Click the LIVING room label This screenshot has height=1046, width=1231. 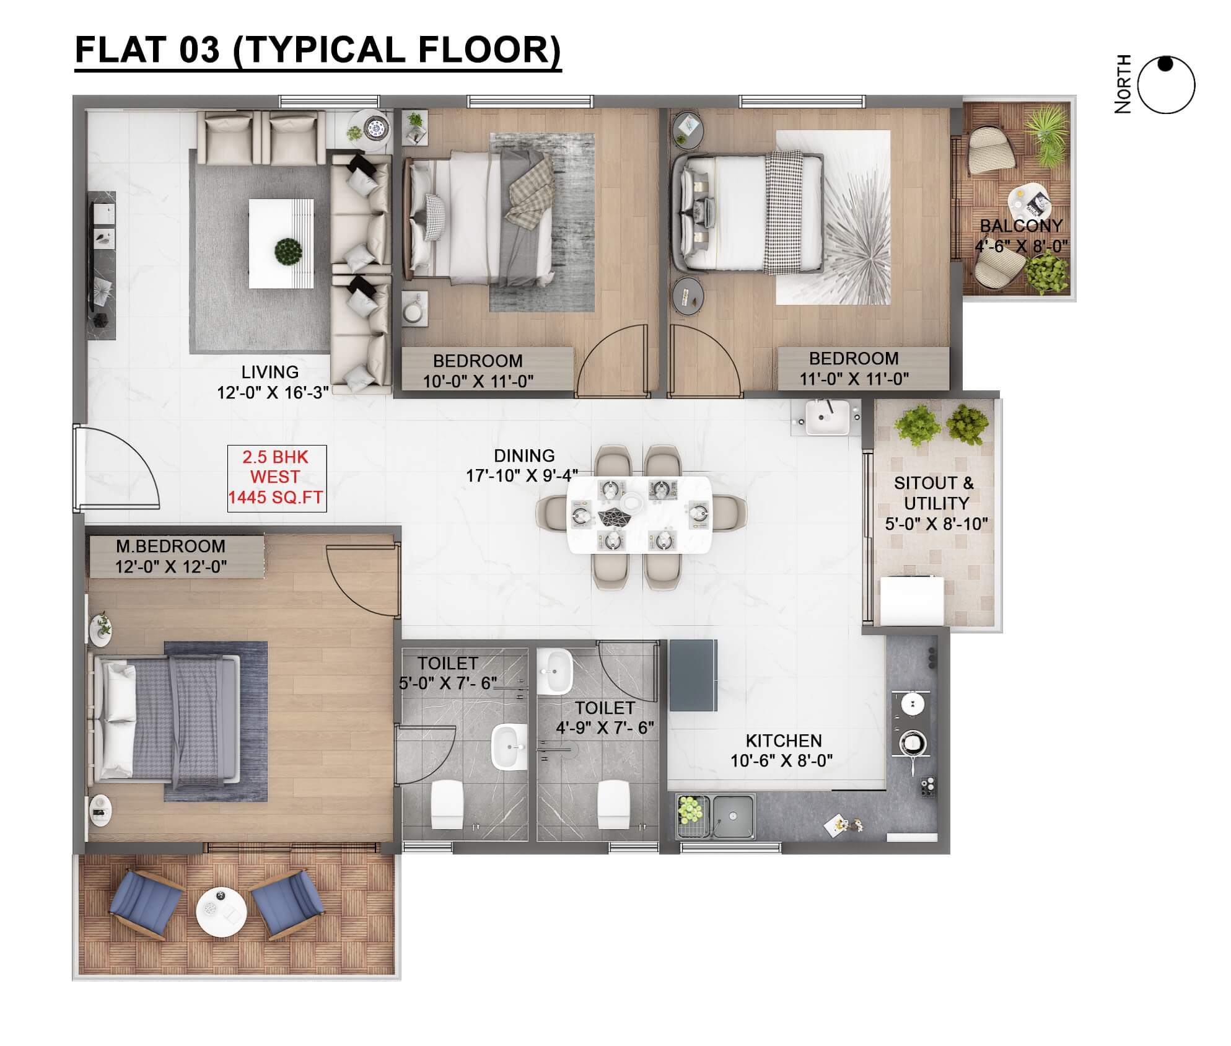click(x=270, y=372)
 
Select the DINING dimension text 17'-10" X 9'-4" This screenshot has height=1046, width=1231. click(x=522, y=476)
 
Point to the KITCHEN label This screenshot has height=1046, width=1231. click(x=784, y=741)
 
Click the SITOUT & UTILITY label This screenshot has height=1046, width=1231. click(x=935, y=493)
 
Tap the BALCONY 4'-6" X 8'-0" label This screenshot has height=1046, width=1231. click(x=1022, y=236)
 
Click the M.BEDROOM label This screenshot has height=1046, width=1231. click(x=170, y=546)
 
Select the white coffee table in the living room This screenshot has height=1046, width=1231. click(x=281, y=244)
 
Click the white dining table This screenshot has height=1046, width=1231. click(x=639, y=514)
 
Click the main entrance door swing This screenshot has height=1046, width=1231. click(x=118, y=468)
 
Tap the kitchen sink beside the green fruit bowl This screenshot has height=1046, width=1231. click(x=734, y=815)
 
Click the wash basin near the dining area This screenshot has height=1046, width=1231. click(x=826, y=416)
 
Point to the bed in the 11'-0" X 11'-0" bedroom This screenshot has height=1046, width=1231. click(x=748, y=212)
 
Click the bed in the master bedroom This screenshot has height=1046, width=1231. click(x=165, y=718)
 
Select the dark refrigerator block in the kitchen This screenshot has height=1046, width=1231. click(x=693, y=675)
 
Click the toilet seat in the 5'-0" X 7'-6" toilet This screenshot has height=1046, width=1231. click(x=447, y=804)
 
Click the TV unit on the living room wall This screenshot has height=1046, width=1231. click(x=102, y=265)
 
